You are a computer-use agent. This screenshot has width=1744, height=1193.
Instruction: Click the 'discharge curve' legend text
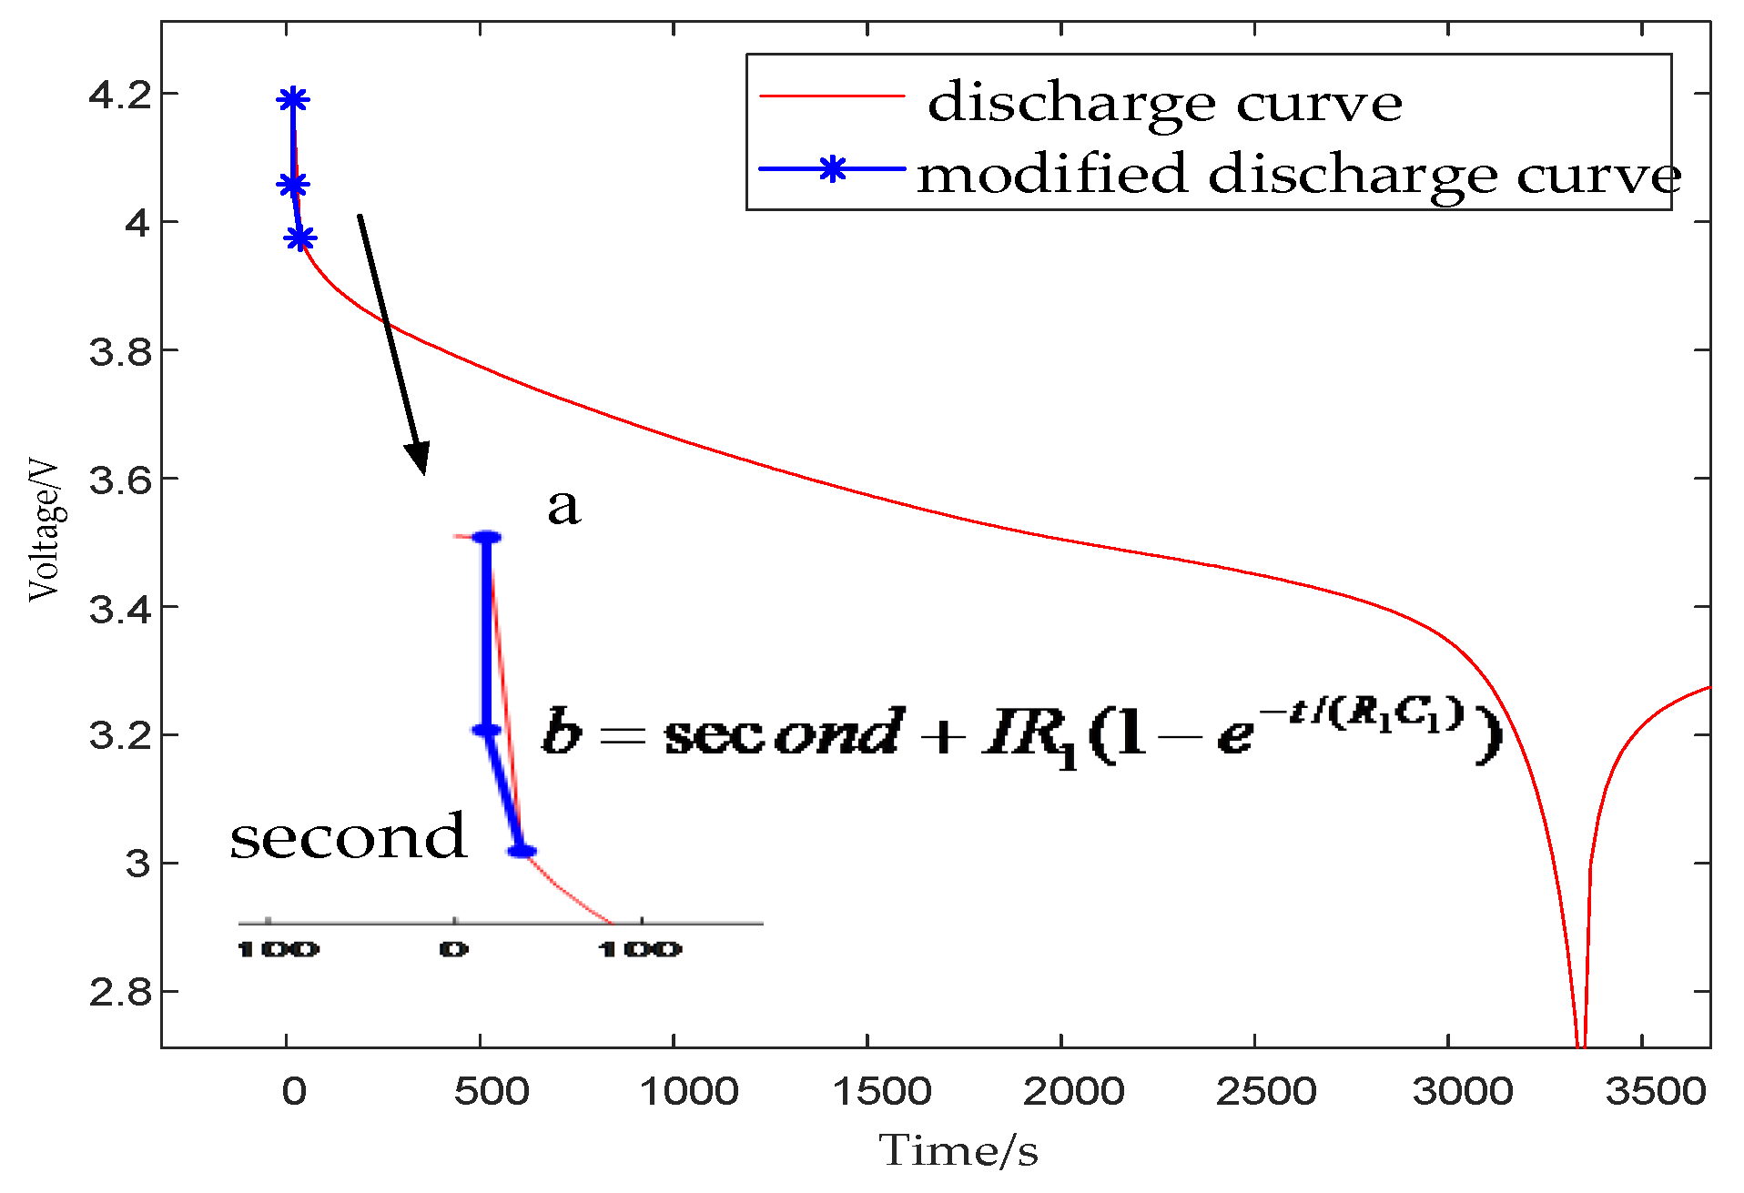pos(1164,102)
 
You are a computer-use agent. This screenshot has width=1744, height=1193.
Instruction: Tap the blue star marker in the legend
pos(832,169)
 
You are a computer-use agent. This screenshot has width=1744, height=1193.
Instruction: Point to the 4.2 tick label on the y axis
pos(120,95)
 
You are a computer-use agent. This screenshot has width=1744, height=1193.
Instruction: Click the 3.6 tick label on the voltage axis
pos(120,480)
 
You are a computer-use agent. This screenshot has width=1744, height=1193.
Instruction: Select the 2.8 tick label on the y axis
pos(120,992)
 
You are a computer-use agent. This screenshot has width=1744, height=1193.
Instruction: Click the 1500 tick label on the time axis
pos(881,1091)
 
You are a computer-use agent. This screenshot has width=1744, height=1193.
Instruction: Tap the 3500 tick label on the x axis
pos(1654,1091)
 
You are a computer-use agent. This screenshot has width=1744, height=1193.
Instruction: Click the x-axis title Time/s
pos(958,1151)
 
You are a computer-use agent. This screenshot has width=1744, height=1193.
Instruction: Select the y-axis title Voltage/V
pos(44,531)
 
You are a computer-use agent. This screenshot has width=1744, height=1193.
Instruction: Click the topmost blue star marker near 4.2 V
pos(292,99)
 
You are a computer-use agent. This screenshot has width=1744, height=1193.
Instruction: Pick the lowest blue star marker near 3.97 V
pos(299,239)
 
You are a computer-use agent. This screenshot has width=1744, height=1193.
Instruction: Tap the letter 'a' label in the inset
pos(563,506)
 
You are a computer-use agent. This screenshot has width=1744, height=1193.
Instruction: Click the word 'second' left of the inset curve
pos(348,836)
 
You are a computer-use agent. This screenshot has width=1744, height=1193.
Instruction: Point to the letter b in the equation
pos(562,732)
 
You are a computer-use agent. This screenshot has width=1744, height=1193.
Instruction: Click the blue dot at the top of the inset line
pos(487,538)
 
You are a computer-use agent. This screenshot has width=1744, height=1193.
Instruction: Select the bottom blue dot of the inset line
pos(522,852)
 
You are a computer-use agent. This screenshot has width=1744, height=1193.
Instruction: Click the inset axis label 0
pos(453,950)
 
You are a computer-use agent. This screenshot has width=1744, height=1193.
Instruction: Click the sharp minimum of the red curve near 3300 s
pos(1581,1043)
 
